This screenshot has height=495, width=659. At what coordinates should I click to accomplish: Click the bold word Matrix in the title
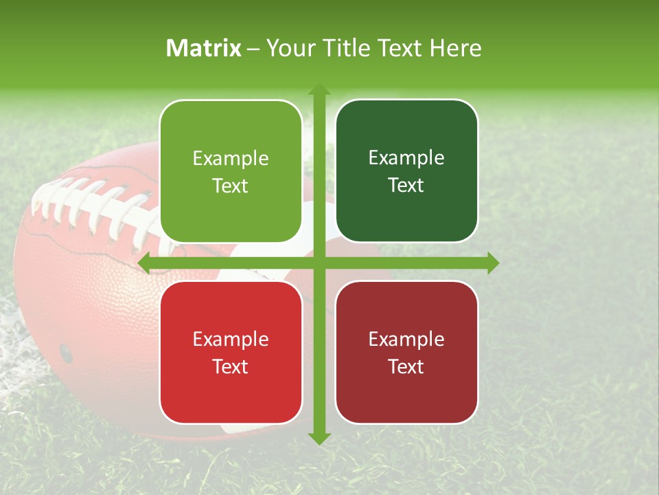(204, 48)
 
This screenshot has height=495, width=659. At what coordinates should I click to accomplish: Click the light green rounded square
(231, 171)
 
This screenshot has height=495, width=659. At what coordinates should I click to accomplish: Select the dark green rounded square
(406, 171)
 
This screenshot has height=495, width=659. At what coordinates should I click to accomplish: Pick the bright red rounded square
(231, 352)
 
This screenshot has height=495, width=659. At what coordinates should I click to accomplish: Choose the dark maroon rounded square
(406, 352)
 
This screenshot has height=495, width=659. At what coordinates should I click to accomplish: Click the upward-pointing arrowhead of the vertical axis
(319, 90)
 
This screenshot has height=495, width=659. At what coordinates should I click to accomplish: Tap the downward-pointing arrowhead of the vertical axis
(319, 438)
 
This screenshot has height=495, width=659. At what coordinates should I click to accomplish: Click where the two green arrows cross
(319, 263)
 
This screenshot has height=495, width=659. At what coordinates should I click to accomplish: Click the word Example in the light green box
(231, 159)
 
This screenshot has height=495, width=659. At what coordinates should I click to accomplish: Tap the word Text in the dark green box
(406, 185)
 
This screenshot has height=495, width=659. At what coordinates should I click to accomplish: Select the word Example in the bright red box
(231, 339)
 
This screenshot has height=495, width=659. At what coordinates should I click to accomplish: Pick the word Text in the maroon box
(406, 366)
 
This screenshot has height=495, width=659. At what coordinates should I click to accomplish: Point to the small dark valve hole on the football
(66, 353)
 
